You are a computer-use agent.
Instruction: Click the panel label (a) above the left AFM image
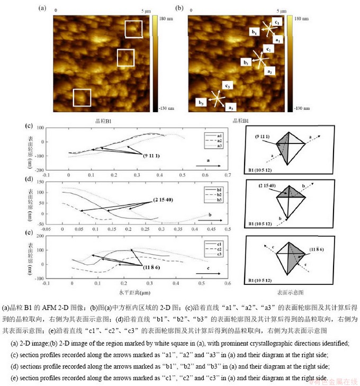tap(42, 8)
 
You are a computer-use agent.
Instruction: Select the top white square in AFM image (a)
tap(133, 29)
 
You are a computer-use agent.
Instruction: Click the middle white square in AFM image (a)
tap(125, 57)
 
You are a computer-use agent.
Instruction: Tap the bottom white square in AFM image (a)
tap(82, 97)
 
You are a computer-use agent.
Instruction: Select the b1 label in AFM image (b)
tap(255, 32)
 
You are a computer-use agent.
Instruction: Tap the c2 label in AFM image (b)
tap(269, 49)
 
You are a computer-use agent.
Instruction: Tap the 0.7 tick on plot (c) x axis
tap(228, 174)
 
